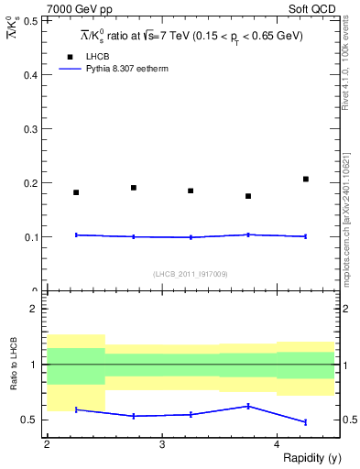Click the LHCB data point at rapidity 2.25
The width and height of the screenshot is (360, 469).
[76, 192]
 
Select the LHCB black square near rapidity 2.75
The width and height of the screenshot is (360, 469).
[134, 188]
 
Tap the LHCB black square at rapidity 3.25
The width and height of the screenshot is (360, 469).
[191, 191]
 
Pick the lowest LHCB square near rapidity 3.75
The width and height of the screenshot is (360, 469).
[248, 196]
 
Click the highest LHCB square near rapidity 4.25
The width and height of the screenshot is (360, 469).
[306, 179]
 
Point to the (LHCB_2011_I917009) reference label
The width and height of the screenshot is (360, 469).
[191, 273]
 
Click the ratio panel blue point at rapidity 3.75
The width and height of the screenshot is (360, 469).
[248, 406]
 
